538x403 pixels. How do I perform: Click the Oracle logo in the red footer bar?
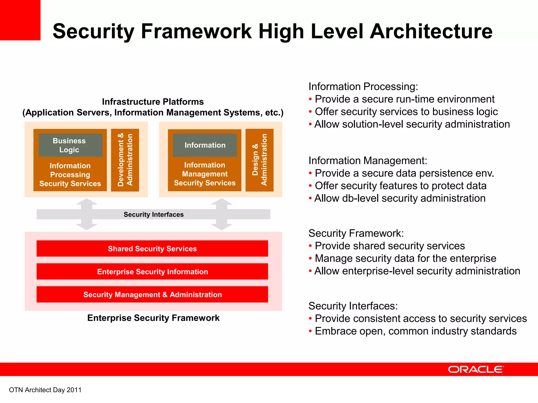click(476, 369)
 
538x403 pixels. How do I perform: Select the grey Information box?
click(205, 145)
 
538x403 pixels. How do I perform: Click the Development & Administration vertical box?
click(125, 160)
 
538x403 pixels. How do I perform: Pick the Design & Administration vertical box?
click(259, 160)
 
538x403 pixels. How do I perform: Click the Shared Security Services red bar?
click(152, 248)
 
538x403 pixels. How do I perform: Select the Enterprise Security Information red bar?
click(152, 272)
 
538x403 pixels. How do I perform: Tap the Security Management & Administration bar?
click(152, 294)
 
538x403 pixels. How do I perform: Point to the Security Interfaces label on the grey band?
click(153, 214)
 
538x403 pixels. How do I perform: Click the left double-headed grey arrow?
click(87, 214)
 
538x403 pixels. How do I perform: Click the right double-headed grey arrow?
click(222, 214)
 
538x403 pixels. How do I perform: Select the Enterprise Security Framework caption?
click(153, 318)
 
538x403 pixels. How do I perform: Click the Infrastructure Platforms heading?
click(153, 102)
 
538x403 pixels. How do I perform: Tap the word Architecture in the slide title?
click(431, 31)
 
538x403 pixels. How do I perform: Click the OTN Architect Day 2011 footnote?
click(45, 390)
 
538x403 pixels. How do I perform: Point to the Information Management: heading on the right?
click(368, 161)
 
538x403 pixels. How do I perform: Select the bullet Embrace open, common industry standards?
click(416, 331)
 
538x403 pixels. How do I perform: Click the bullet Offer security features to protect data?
click(401, 186)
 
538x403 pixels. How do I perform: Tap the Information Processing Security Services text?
click(70, 174)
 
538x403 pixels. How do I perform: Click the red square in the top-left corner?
click(20, 20)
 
